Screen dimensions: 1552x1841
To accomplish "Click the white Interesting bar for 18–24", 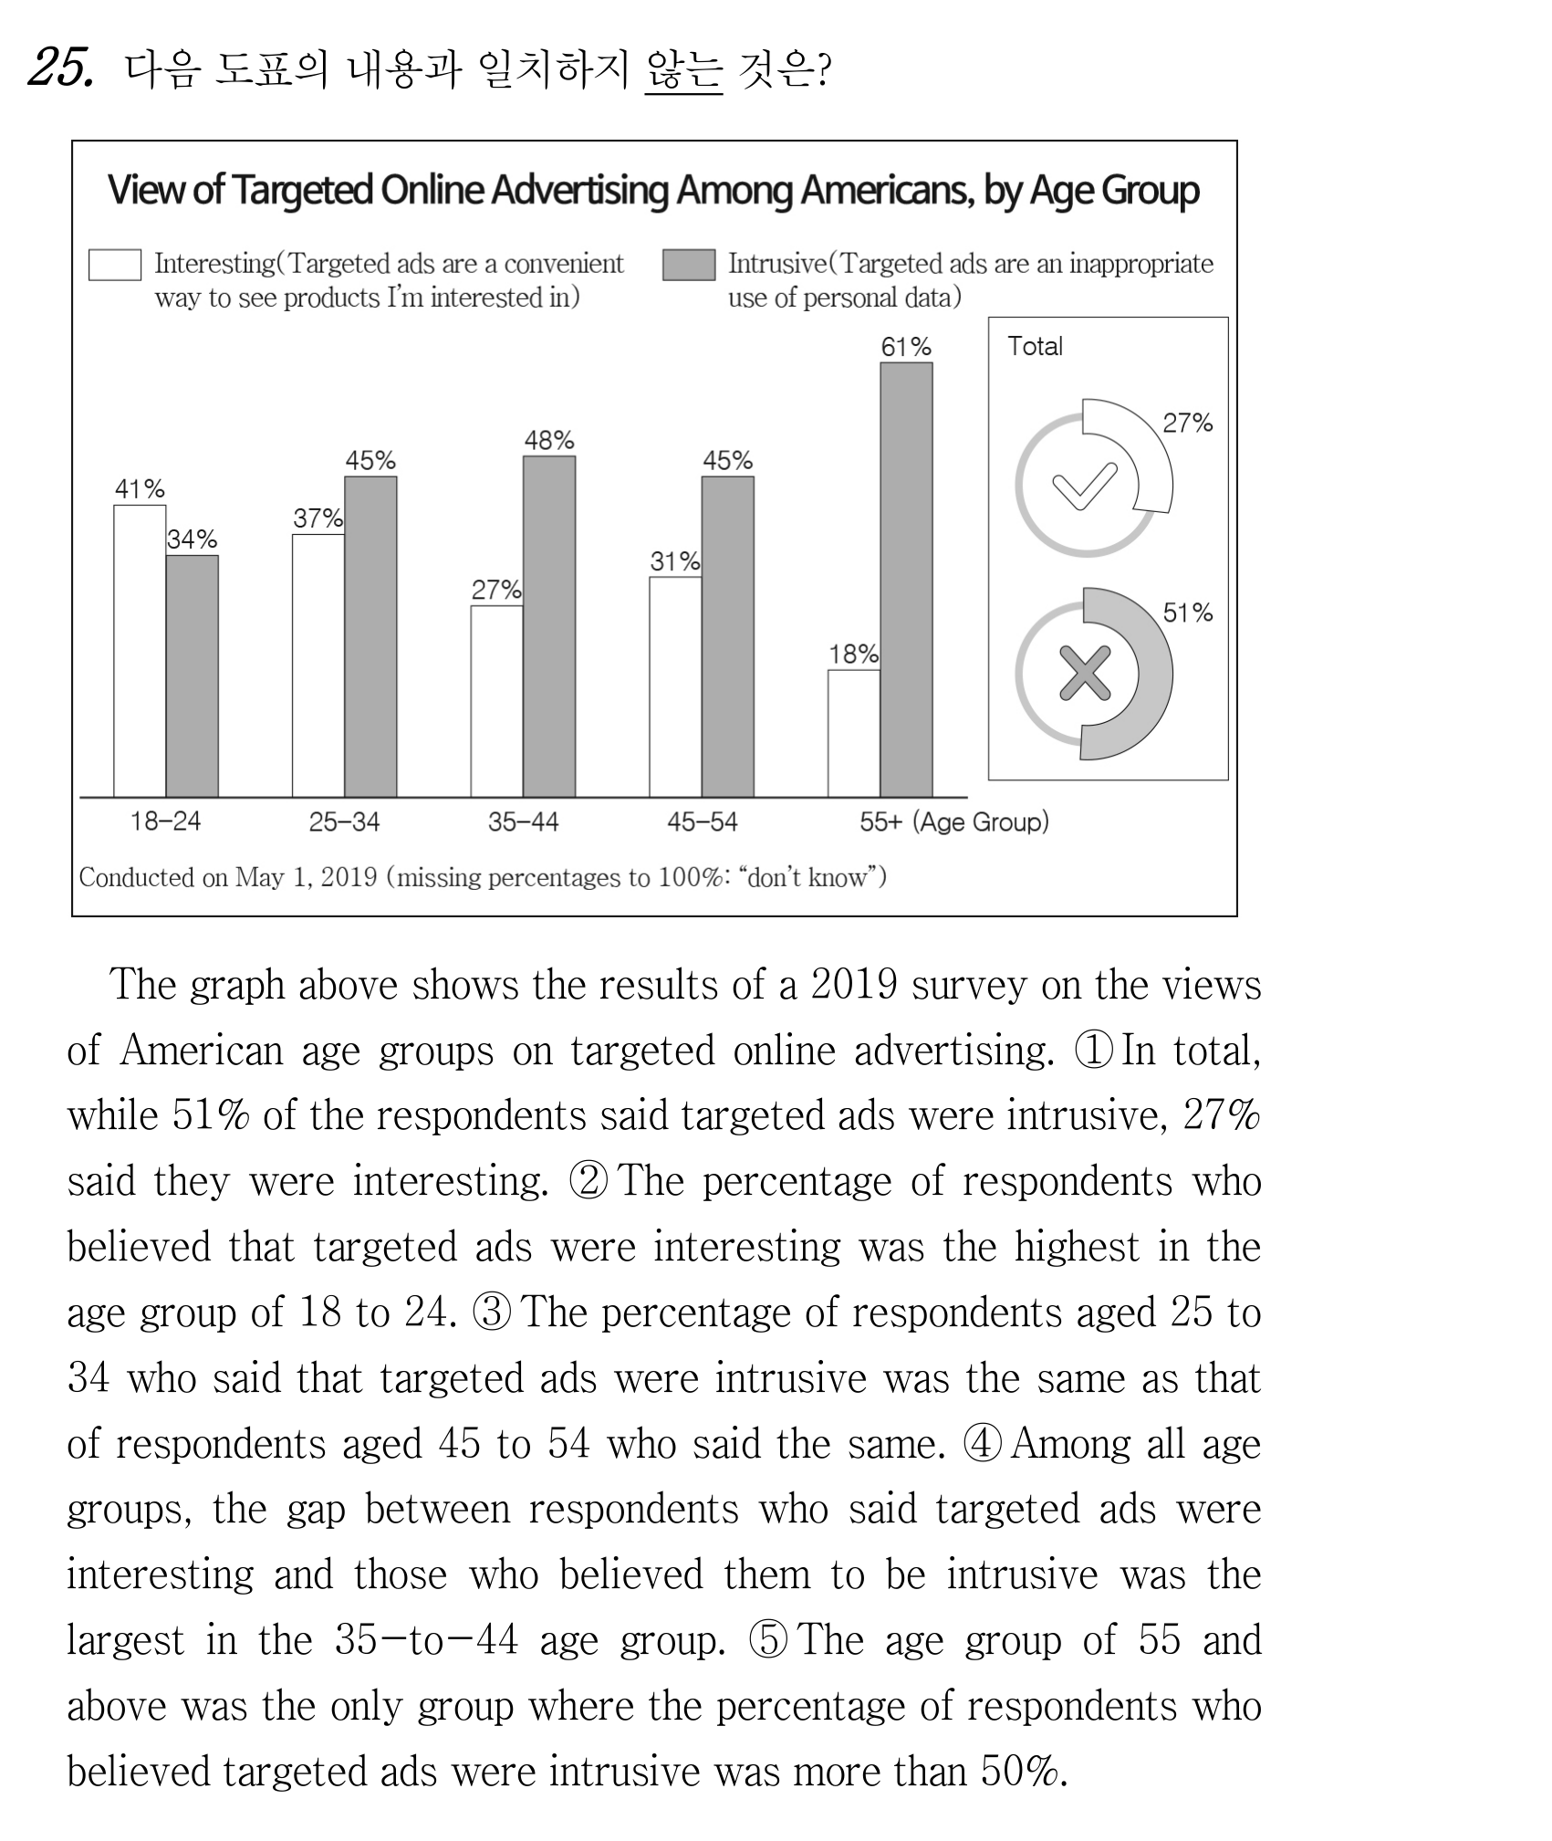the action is click(x=140, y=651).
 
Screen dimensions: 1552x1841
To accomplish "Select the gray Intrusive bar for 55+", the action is click(x=906, y=580).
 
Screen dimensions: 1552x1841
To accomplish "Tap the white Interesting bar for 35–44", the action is click(x=497, y=701).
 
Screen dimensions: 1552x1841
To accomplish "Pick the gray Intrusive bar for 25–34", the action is click(x=370, y=637).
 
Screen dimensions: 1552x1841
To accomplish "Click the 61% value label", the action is click(x=906, y=347).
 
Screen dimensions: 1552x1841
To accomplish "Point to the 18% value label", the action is click(x=854, y=654).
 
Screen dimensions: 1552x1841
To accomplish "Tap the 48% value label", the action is click(x=549, y=441).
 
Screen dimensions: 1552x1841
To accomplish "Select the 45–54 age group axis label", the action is click(x=702, y=821).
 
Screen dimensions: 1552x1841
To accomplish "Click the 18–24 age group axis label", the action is click(x=165, y=821).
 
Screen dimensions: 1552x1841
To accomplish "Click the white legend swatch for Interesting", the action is click(x=115, y=265).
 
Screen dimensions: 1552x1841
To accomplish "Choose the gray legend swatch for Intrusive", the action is click(x=689, y=265).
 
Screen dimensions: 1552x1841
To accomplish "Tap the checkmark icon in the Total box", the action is click(x=1085, y=486).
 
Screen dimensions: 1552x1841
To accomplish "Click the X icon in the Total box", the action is click(x=1085, y=673).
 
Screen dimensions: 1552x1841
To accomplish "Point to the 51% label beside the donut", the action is click(x=1187, y=612).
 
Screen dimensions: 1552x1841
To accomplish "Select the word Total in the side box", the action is click(x=1035, y=346).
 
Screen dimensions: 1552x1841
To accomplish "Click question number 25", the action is click(x=60, y=68).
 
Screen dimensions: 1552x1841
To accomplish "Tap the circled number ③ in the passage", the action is click(x=492, y=1313).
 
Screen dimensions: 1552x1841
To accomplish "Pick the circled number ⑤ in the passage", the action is click(x=767, y=1640).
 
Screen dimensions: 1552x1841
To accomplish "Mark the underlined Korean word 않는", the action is click(x=683, y=69).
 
